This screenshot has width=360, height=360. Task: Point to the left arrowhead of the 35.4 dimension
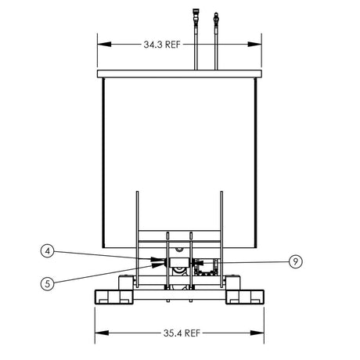pos(97,333)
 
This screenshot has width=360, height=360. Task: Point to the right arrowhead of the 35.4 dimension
pos(262,333)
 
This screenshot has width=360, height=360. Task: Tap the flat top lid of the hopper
pos(179,73)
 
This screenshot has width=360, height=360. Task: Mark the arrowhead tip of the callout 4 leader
pos(160,258)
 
